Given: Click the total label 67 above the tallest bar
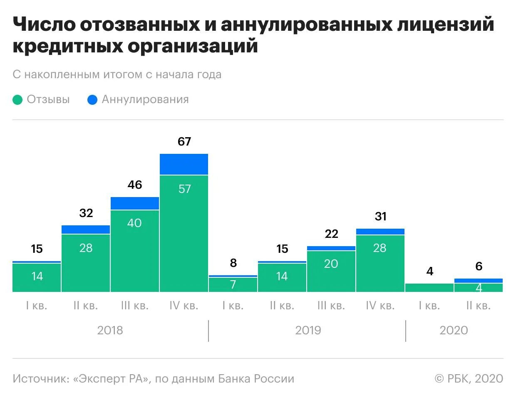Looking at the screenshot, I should [x=184, y=141].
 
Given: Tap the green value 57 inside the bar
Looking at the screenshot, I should [x=184, y=189].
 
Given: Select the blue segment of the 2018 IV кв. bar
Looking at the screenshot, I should [x=184, y=164].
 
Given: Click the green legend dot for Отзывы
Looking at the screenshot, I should [x=17, y=100].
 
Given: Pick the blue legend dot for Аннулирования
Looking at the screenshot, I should [x=92, y=100].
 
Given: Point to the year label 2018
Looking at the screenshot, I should [x=110, y=330].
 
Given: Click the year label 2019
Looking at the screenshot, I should [x=308, y=330].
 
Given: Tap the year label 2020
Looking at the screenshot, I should [x=454, y=330].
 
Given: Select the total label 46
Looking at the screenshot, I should [x=135, y=185].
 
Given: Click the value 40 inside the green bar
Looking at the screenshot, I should [x=134, y=223].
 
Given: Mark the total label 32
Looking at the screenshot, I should [x=86, y=213].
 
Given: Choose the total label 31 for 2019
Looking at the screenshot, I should [x=381, y=216].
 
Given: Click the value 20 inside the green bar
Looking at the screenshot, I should [x=331, y=264].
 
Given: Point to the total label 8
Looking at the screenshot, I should [x=233, y=263].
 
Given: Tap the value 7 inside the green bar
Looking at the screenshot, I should [x=233, y=284].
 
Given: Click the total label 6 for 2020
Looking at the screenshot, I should [x=479, y=266].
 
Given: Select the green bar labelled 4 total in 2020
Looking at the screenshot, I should [x=429, y=287].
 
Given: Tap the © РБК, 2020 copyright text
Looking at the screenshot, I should [x=469, y=379].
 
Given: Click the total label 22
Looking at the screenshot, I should [x=332, y=234].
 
